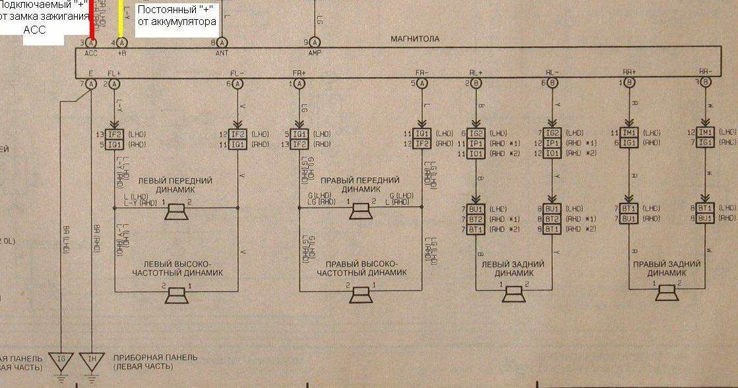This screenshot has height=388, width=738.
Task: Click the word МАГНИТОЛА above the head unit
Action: [x=415, y=39]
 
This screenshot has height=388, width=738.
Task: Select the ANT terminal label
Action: [x=222, y=53]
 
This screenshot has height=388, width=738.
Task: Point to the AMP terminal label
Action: [x=315, y=53]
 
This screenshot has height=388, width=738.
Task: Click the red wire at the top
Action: [x=92, y=20]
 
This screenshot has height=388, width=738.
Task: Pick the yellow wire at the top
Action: [x=121, y=20]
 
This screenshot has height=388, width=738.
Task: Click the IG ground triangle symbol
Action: [x=61, y=359]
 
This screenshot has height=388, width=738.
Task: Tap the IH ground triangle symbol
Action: [x=92, y=359]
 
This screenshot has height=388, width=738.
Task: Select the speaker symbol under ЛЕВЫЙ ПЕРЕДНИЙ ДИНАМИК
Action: [x=176, y=211]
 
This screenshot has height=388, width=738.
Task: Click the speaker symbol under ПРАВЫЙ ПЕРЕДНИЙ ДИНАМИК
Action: [x=359, y=211]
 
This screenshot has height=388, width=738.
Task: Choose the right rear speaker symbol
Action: [x=667, y=294]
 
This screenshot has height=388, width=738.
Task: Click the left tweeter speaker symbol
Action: [x=176, y=296]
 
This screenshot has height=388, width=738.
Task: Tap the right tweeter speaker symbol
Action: [x=360, y=296]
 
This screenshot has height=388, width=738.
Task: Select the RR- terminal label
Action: [x=706, y=71]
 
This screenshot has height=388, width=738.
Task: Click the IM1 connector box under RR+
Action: [x=630, y=132]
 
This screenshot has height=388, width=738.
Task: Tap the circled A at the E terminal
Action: [x=92, y=83]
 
